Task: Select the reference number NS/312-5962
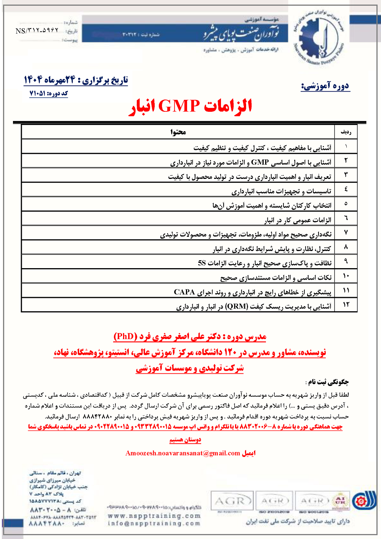(x=37, y=31)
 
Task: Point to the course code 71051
(x=37, y=93)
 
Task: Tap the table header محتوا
(x=178, y=132)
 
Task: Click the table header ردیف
(x=346, y=132)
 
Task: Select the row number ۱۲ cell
(x=346, y=304)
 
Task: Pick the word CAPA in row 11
(x=184, y=292)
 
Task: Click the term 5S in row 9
(x=202, y=263)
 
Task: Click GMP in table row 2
(x=260, y=162)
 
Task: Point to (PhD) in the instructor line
(x=125, y=336)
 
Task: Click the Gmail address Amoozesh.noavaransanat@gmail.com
(x=182, y=453)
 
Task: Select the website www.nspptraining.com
(x=154, y=516)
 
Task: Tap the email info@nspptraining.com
(x=154, y=523)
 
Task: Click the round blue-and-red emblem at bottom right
(x=359, y=501)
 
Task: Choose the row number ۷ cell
(x=346, y=232)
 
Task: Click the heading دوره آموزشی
(x=325, y=86)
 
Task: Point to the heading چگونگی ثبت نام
(x=328, y=381)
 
